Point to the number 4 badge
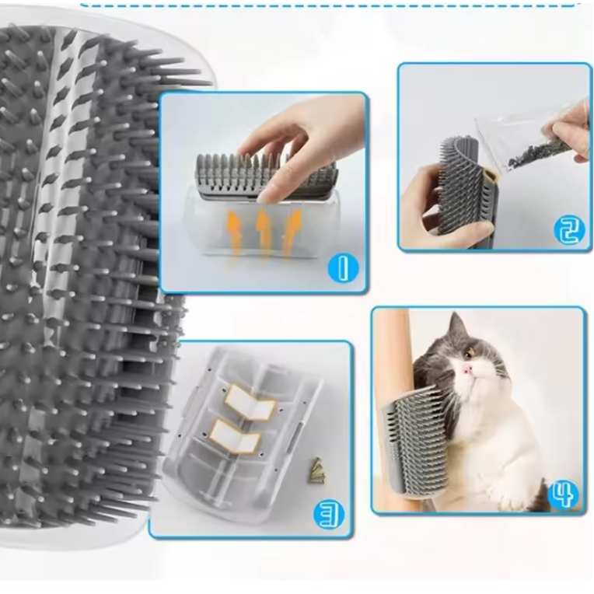[563, 493]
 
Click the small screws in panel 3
[316, 469]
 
